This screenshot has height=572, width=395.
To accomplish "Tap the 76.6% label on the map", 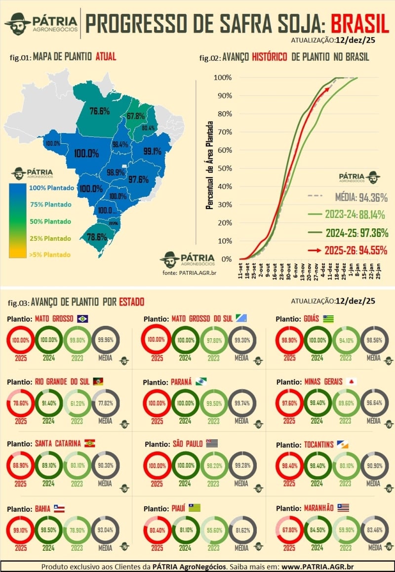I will tap(99, 111).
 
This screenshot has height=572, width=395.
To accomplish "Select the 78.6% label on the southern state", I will tap(97, 237).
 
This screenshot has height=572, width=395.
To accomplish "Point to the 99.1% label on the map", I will tap(152, 151).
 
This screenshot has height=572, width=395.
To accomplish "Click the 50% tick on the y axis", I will tap(223, 168).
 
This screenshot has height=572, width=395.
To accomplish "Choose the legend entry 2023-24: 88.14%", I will tap(348, 215).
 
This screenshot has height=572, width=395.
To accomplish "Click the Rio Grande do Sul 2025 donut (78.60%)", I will tap(21, 403).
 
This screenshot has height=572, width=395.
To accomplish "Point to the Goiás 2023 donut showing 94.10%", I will tap(346, 340).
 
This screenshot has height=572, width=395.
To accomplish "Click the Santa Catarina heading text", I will tap(57, 443).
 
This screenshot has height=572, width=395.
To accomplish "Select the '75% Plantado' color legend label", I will tap(50, 205).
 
